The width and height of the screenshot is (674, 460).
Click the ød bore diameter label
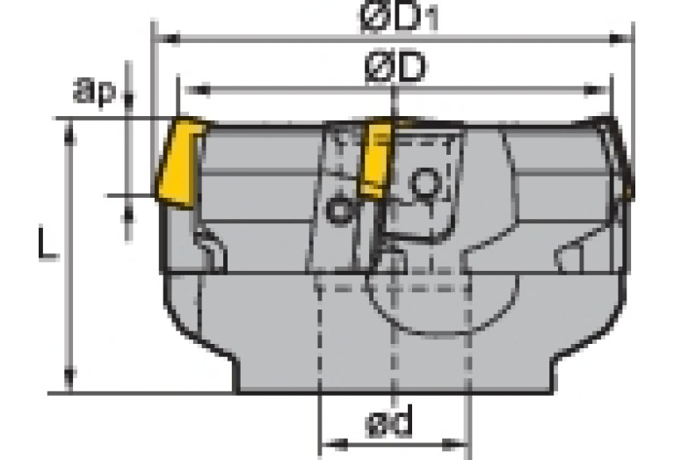coord(389,426)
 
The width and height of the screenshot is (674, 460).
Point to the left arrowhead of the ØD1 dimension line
coord(162,40)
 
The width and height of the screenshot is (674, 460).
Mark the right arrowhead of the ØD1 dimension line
coord(626,40)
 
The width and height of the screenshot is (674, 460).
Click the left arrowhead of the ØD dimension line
coord(186,89)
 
